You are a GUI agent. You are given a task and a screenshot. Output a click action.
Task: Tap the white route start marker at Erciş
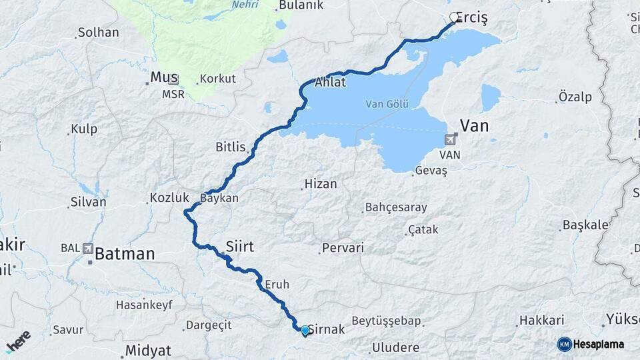455,18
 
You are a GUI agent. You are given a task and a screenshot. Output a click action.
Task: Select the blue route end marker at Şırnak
305,330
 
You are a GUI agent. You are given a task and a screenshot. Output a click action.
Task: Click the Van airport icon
450,139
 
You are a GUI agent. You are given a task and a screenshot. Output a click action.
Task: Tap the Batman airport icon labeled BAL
88,248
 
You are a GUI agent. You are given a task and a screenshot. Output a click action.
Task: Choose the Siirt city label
240,247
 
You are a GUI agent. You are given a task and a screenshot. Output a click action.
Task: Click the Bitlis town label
231,147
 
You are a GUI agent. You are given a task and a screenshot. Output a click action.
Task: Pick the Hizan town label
321,183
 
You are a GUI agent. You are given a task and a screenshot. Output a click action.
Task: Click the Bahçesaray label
396,207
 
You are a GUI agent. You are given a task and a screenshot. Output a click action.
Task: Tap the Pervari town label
343,248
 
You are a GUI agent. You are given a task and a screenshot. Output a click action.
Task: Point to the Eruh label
277,284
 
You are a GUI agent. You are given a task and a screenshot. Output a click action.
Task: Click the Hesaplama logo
591,344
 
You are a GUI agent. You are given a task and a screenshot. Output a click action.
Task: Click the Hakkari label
541,320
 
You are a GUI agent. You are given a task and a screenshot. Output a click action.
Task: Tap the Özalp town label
575,97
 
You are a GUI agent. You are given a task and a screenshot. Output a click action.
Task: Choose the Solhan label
98,32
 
